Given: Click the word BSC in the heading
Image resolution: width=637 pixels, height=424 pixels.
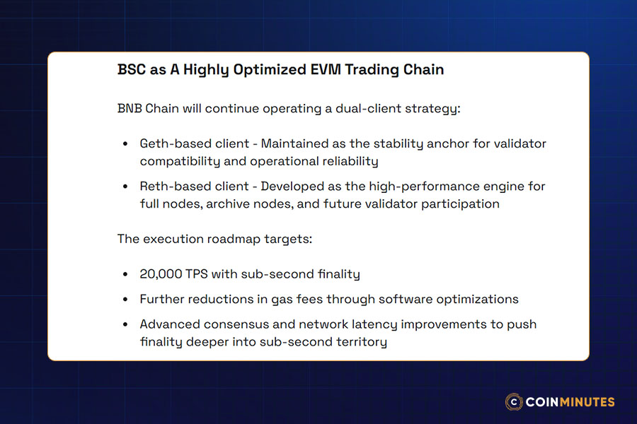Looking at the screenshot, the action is pos(131,70).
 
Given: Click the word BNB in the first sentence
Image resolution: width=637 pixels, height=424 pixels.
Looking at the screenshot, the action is pos(130,109).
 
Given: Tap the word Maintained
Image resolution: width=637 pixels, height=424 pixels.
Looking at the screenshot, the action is pos(294,143).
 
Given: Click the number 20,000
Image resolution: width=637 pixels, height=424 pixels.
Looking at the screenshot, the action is pos(161,274).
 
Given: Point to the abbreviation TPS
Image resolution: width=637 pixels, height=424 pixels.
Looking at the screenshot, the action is pos(197,274).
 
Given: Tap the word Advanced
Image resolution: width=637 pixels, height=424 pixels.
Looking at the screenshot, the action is pos(170,324).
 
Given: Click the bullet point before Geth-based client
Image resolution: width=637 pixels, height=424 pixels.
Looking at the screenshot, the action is pos(125,144).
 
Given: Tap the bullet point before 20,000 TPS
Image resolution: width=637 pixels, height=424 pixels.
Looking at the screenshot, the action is pos(125,275).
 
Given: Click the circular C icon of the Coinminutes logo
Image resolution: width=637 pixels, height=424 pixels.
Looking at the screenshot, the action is pos(514,402).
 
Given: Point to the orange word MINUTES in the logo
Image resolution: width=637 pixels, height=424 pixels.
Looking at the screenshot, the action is pos(587,402).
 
